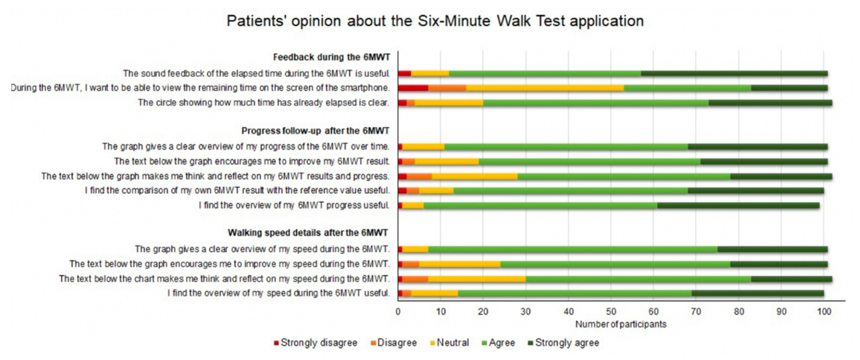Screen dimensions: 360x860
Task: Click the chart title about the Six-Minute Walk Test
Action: tap(435, 21)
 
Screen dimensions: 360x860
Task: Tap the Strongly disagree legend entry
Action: tap(316, 343)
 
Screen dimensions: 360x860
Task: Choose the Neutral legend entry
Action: tap(450, 343)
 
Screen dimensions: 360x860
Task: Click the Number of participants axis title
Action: tap(621, 324)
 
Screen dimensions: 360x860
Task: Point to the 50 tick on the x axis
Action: tap(611, 312)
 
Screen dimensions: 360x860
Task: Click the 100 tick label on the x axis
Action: tap(824, 312)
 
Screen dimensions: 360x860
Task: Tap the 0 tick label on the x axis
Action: tap(398, 312)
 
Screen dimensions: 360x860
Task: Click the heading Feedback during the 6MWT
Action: tap(331, 57)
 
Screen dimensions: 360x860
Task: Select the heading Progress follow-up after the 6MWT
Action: tap(315, 131)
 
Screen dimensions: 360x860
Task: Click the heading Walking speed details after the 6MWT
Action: tap(308, 233)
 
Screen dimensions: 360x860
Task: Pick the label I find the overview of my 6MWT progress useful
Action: tap(294, 205)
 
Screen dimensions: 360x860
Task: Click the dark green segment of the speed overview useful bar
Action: tap(757, 294)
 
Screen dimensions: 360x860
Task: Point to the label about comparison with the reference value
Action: tap(237, 191)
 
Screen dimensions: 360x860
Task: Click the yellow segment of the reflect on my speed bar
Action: tap(477, 279)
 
